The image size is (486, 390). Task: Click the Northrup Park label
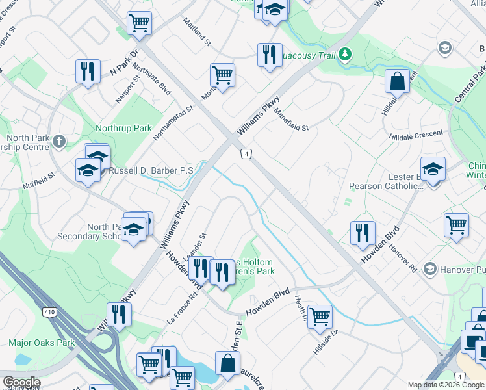(x=123, y=128)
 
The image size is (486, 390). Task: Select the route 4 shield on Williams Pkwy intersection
(x=246, y=154)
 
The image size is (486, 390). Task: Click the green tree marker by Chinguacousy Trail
(x=346, y=54)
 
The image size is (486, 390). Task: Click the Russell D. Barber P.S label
(x=151, y=170)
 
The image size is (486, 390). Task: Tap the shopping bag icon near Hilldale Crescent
(x=396, y=81)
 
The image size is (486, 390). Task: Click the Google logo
(x=21, y=382)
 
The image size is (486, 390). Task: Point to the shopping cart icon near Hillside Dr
(x=320, y=317)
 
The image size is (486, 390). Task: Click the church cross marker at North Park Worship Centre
(x=58, y=141)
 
